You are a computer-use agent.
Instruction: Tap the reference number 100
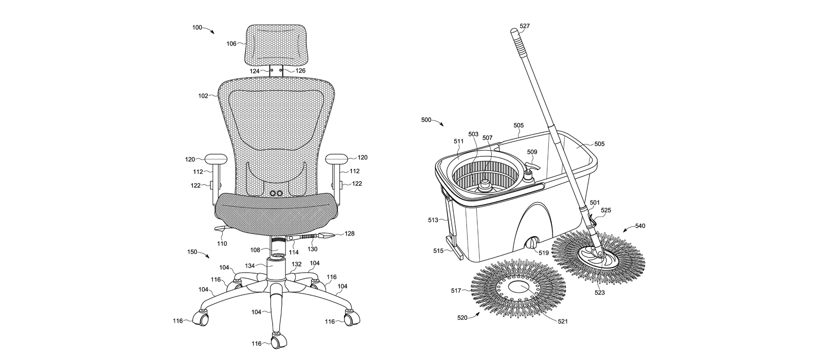click(198, 27)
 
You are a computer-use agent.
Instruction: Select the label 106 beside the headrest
click(231, 44)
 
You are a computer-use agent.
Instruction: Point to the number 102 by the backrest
click(203, 96)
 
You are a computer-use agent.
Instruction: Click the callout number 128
click(349, 233)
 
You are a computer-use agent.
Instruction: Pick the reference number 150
click(192, 251)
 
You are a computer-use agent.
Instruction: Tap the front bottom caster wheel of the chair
click(277, 340)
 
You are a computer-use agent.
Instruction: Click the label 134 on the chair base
click(250, 266)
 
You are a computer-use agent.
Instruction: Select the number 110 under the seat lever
click(222, 243)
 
